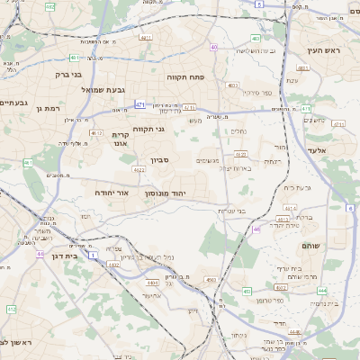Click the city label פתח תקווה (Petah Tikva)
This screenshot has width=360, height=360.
[187, 77]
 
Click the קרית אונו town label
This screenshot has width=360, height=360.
[120, 139]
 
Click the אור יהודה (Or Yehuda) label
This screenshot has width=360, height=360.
[112, 193]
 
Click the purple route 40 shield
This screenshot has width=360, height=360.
[213, 47]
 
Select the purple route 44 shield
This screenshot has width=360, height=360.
[40, 255]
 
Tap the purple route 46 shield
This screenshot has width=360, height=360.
[256, 229]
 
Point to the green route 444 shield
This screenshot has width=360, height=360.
[322, 292]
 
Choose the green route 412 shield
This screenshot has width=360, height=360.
[12, 309]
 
